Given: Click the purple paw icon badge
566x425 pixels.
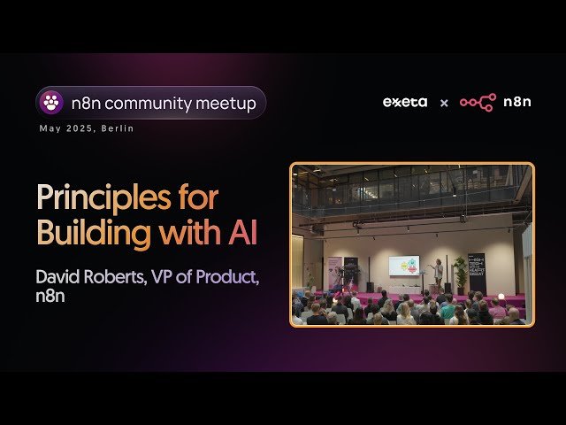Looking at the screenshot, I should [x=51, y=103].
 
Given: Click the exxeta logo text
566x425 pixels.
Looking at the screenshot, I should [x=405, y=102].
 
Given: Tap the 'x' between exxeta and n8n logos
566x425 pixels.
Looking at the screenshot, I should [x=444, y=103].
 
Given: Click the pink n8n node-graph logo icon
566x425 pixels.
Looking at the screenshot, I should [x=478, y=102].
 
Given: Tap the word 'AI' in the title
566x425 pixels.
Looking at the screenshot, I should [x=244, y=233].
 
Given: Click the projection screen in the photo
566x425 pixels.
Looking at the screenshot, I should [x=403, y=266].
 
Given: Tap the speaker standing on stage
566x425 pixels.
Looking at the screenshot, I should [x=438, y=272].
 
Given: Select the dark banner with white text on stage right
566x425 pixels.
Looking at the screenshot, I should [x=477, y=274].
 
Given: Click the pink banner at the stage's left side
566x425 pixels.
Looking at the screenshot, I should [x=334, y=274].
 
